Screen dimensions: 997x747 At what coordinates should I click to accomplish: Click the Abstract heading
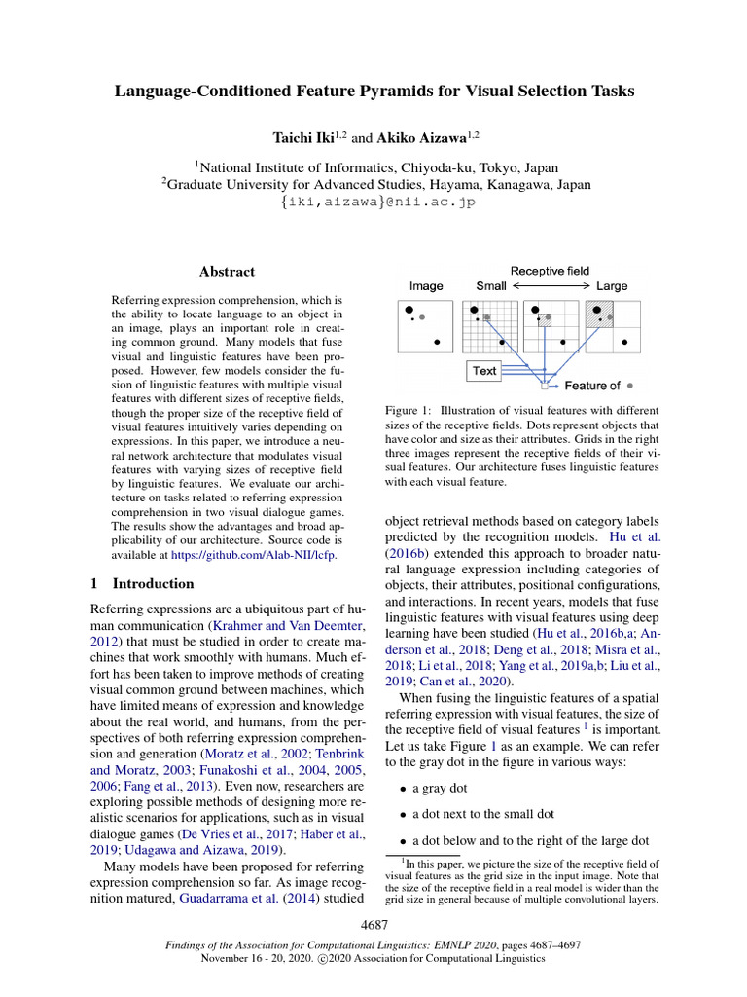pyautogui.click(x=227, y=272)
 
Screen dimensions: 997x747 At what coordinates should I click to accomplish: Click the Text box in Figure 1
pyautogui.click(x=483, y=371)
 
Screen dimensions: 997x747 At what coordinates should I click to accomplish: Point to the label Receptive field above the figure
pyautogui.click(x=550, y=271)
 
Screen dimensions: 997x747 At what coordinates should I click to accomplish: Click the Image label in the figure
pyautogui.click(x=426, y=286)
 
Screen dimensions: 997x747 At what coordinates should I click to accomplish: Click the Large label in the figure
pyautogui.click(x=612, y=286)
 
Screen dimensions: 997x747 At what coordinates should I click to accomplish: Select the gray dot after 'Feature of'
pyautogui.click(x=631, y=386)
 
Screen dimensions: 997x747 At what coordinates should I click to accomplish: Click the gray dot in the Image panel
pyautogui.click(x=422, y=317)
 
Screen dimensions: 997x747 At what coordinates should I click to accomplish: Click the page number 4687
pyautogui.click(x=374, y=922)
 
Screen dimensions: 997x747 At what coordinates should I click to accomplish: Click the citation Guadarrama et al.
pyautogui.click(x=227, y=899)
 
